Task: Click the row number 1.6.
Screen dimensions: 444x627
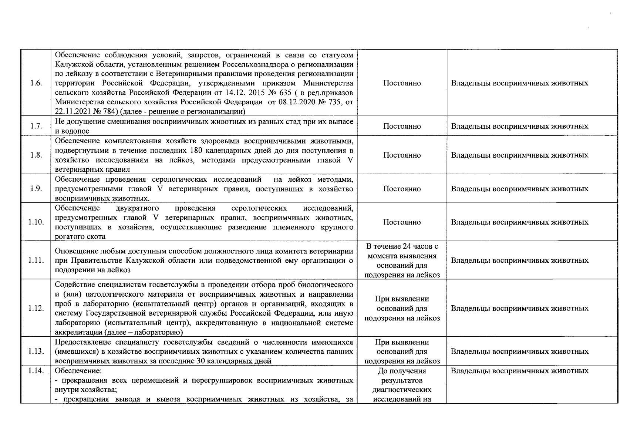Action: pyautogui.click(x=36, y=83)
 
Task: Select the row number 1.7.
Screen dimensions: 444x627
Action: pyautogui.click(x=36, y=126)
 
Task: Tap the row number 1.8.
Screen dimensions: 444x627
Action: pyautogui.click(x=36, y=155)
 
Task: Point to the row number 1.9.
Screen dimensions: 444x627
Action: pyautogui.click(x=36, y=189)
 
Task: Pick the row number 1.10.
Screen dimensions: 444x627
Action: pyautogui.click(x=36, y=222)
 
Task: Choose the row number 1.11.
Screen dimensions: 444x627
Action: pyautogui.click(x=36, y=260)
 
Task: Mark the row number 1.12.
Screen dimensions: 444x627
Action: pyautogui.click(x=36, y=308)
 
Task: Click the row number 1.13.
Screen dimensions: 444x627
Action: pyautogui.click(x=36, y=351)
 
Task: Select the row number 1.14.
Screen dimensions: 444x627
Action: pyautogui.click(x=36, y=370)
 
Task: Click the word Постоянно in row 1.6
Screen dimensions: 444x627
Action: pyautogui.click(x=402, y=83)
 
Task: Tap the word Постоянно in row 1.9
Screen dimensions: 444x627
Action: pyautogui.click(x=402, y=189)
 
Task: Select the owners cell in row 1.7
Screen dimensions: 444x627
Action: pyautogui.click(x=519, y=126)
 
